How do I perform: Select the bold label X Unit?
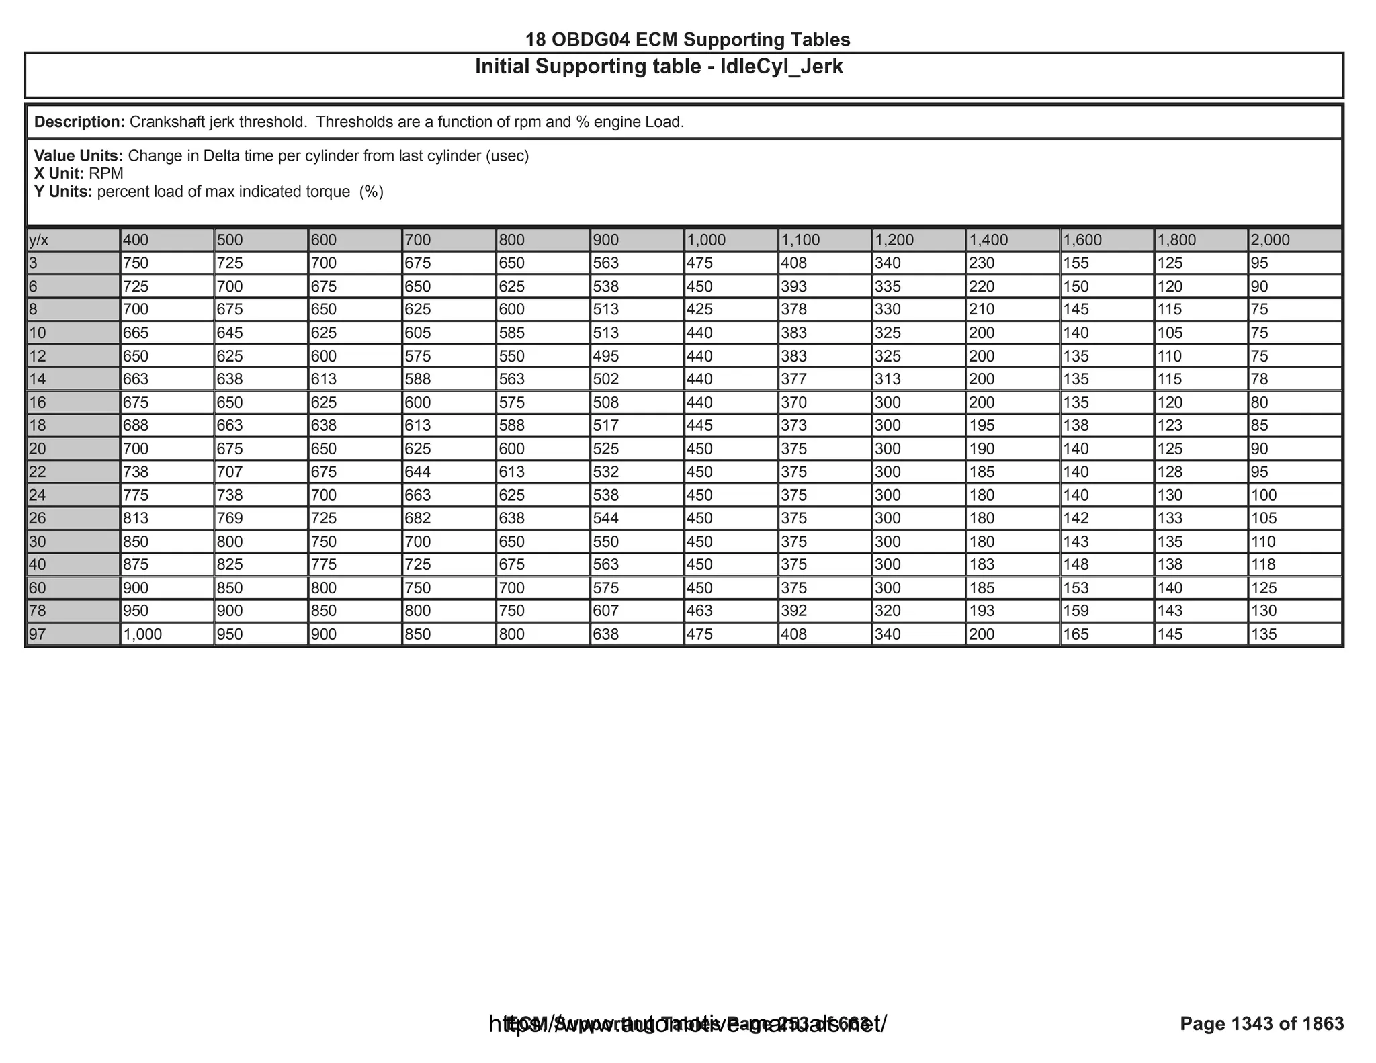pyautogui.click(x=59, y=174)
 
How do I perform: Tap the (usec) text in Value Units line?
pyautogui.click(x=507, y=156)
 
